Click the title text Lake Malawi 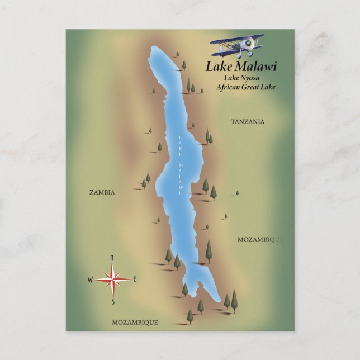point(241,67)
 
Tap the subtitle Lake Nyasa point(243,78)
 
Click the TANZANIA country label point(248,121)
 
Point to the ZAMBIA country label point(102,192)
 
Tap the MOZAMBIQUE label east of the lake point(260,240)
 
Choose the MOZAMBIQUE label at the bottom point(135,323)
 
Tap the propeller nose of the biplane point(243,50)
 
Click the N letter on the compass point(112,258)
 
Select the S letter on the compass point(112,302)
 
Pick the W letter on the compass point(90,280)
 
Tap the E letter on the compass point(135,280)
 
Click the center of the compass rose point(112,279)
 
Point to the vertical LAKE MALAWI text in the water point(180,165)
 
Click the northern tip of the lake point(156,49)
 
